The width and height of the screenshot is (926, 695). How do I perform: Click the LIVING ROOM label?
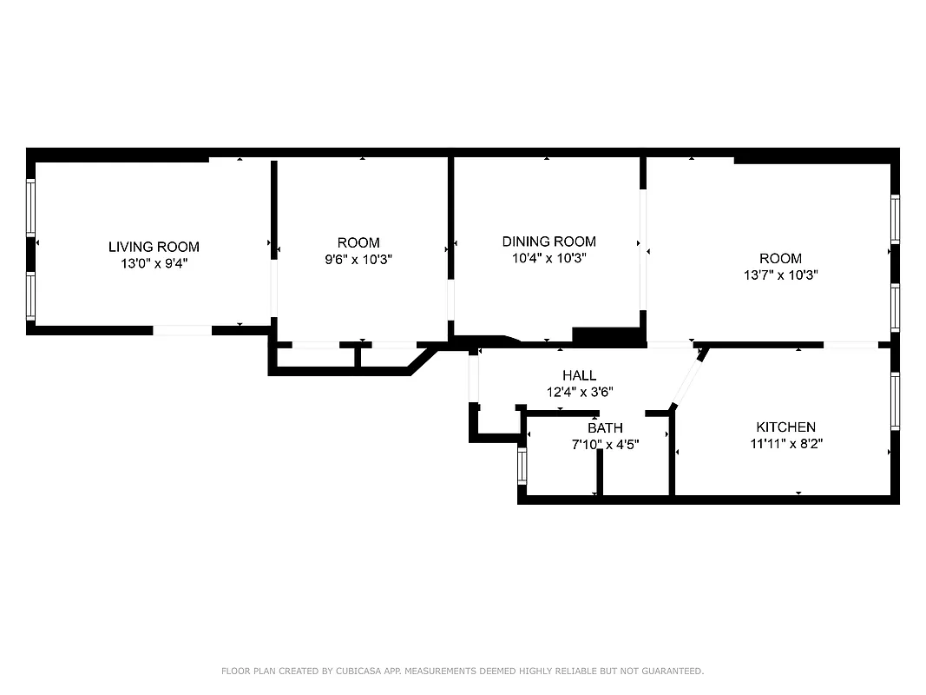154,247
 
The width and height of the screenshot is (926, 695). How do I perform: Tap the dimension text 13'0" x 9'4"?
154,263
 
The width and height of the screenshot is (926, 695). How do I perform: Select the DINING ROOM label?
548,242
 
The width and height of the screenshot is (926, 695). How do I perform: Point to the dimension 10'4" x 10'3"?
548,258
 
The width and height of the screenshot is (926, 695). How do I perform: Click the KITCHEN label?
785,427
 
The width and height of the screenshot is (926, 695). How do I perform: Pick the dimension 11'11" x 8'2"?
785,443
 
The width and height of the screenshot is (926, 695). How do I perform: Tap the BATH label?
605,428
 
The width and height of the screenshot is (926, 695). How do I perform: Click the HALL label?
579,375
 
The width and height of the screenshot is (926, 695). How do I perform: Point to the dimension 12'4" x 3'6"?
579,392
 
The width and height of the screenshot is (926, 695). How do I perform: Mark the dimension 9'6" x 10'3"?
358,259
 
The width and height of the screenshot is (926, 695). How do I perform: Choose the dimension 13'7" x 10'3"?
780,275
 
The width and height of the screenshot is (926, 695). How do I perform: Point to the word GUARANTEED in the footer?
670,671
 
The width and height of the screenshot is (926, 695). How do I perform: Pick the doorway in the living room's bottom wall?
182,330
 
